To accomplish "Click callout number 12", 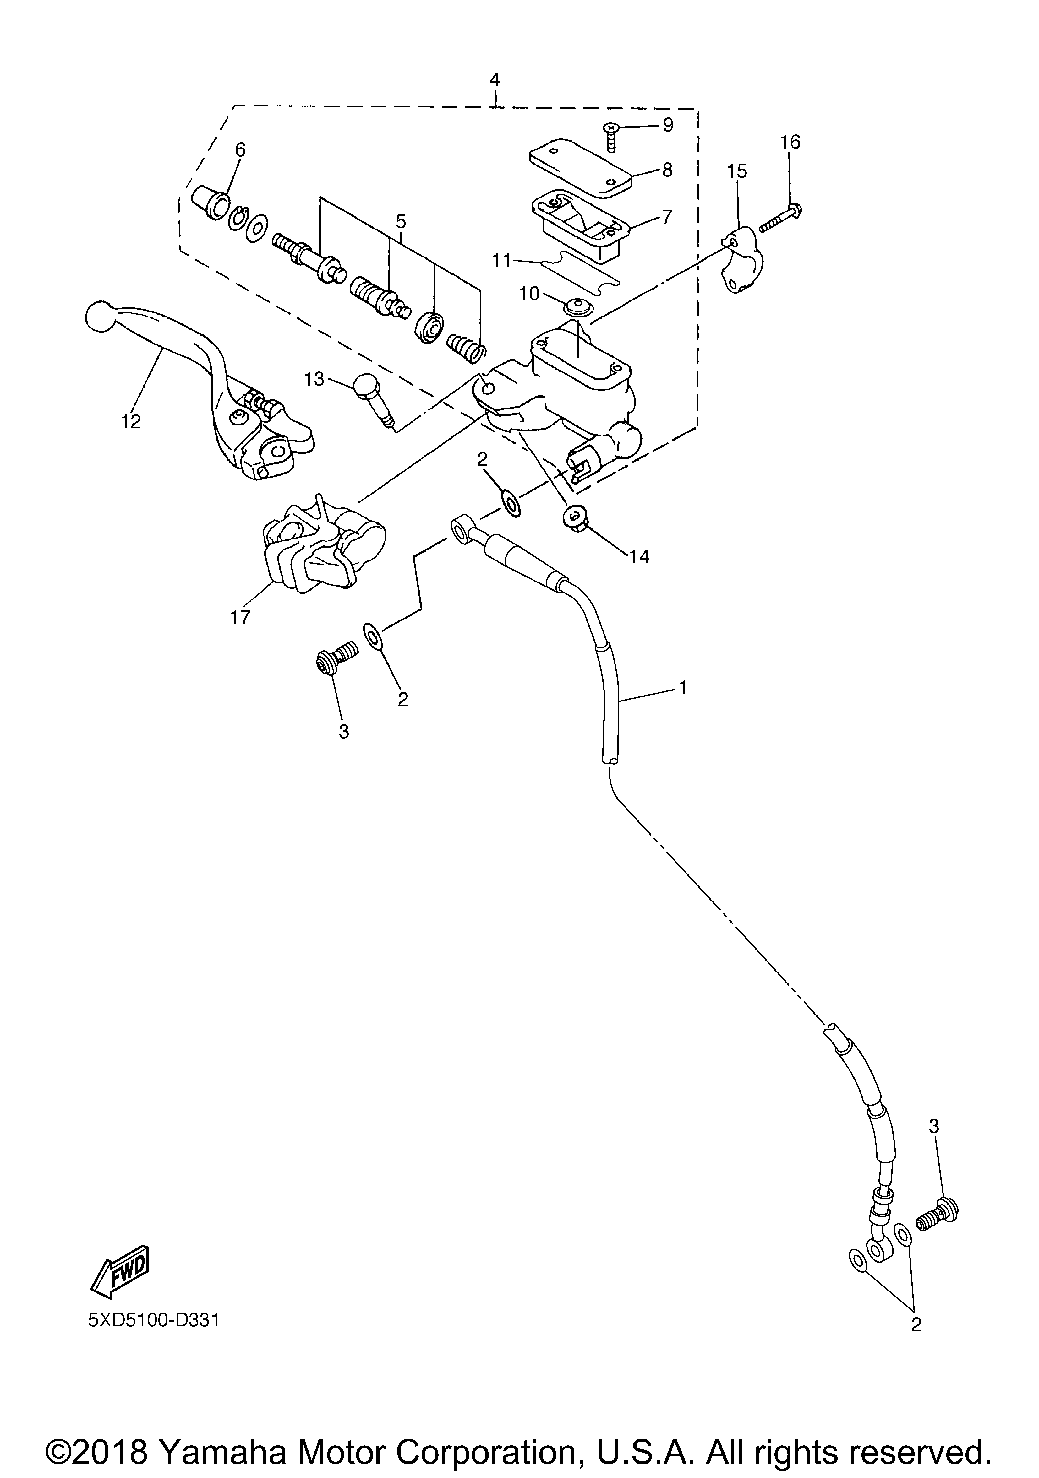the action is point(131,422).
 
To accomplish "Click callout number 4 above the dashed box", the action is point(494,80).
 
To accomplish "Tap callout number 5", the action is point(401,222).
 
